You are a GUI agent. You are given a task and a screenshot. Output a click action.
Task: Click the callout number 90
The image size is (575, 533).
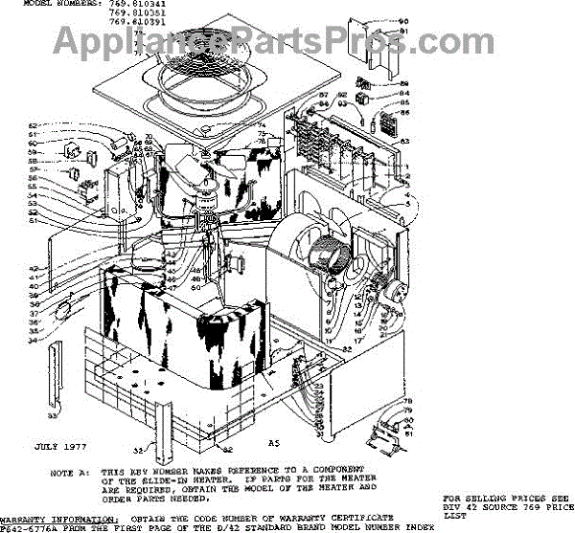403,21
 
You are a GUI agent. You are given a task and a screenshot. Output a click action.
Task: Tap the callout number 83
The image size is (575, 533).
404,141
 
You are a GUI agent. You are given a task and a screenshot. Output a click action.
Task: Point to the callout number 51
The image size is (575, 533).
58,221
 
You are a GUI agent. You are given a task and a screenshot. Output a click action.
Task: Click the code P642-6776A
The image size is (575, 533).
27,525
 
